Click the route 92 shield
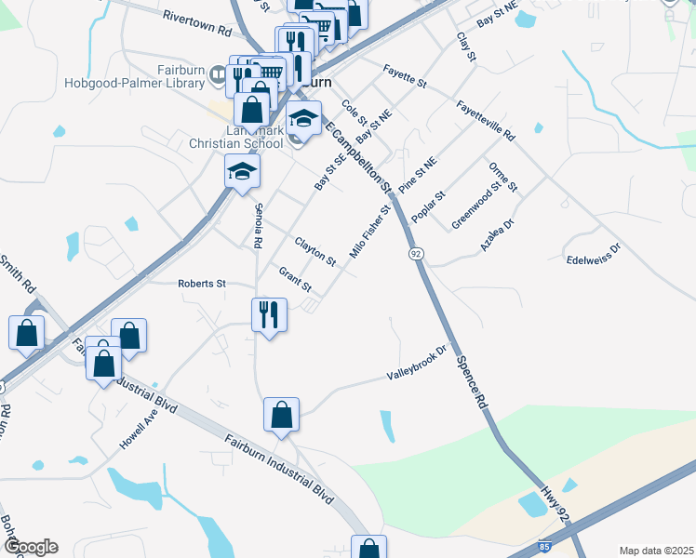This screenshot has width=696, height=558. click(x=414, y=253)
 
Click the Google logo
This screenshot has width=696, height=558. click(x=31, y=547)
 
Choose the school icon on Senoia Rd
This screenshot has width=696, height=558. click(x=242, y=172)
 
